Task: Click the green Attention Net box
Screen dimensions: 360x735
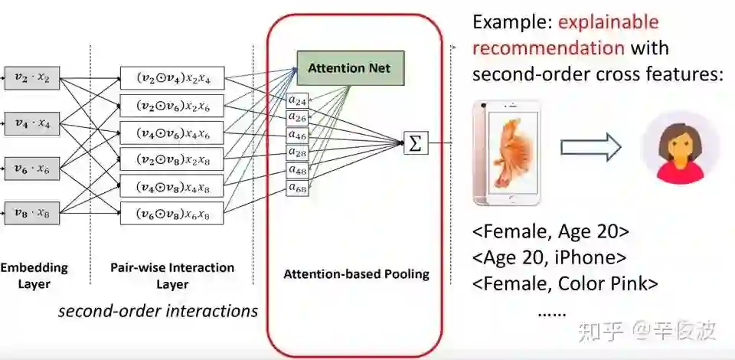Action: [349, 68]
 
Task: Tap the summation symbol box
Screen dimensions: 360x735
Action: [415, 143]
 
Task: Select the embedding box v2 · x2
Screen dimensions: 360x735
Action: [32, 77]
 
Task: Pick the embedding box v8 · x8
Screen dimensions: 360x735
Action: [32, 212]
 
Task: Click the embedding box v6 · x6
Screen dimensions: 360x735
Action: [32, 167]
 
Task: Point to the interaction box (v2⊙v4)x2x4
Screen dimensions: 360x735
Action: [170, 78]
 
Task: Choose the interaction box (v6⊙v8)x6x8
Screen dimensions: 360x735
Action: [170, 213]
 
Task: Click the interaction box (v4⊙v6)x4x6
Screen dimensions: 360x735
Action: [170, 132]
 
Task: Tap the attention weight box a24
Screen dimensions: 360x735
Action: [297, 100]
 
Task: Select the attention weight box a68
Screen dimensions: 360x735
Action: [297, 188]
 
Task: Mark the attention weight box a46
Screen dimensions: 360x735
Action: [297, 135]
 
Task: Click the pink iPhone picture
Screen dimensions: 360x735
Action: [505, 153]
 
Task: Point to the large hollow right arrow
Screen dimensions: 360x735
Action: [589, 149]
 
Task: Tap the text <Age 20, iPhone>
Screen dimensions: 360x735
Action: [550, 257]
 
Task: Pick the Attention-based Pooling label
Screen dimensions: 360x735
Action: [356, 274]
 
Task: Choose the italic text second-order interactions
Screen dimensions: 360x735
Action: [158, 311]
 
